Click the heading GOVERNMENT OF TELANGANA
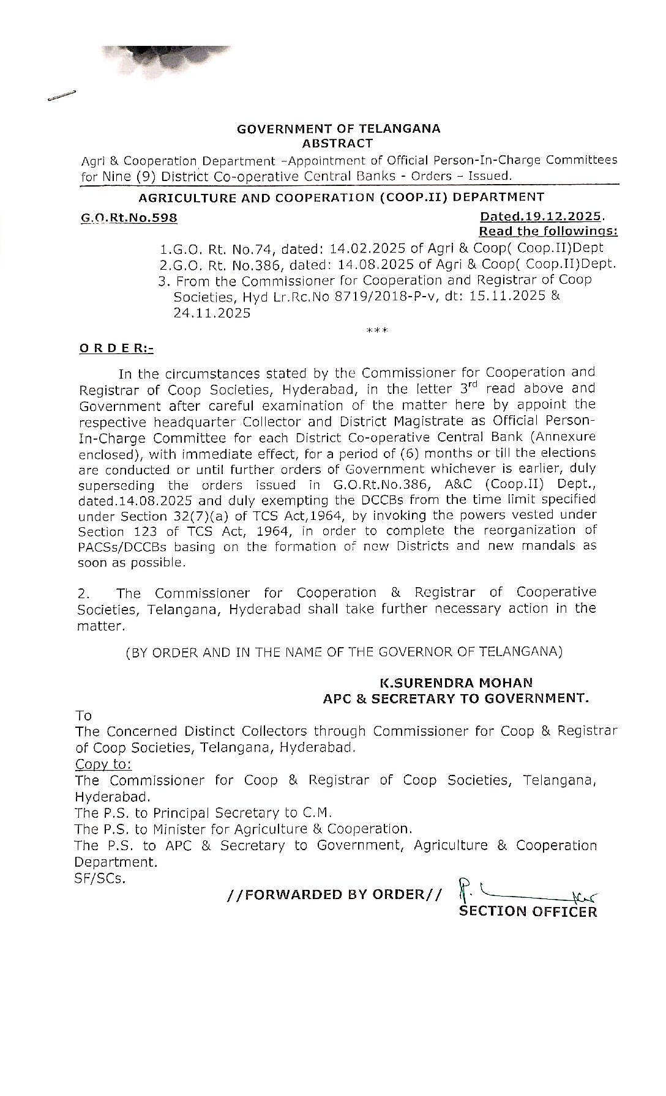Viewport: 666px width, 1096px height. point(339,129)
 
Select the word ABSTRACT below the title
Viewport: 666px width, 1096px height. point(338,144)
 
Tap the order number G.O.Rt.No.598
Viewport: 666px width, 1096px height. point(129,217)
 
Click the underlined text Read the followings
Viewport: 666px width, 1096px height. point(548,231)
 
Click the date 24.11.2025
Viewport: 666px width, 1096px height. point(212,313)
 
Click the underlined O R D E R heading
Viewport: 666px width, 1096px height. point(116,349)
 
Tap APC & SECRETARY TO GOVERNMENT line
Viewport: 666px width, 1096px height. point(455,698)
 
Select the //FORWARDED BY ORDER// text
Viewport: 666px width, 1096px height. point(333,894)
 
